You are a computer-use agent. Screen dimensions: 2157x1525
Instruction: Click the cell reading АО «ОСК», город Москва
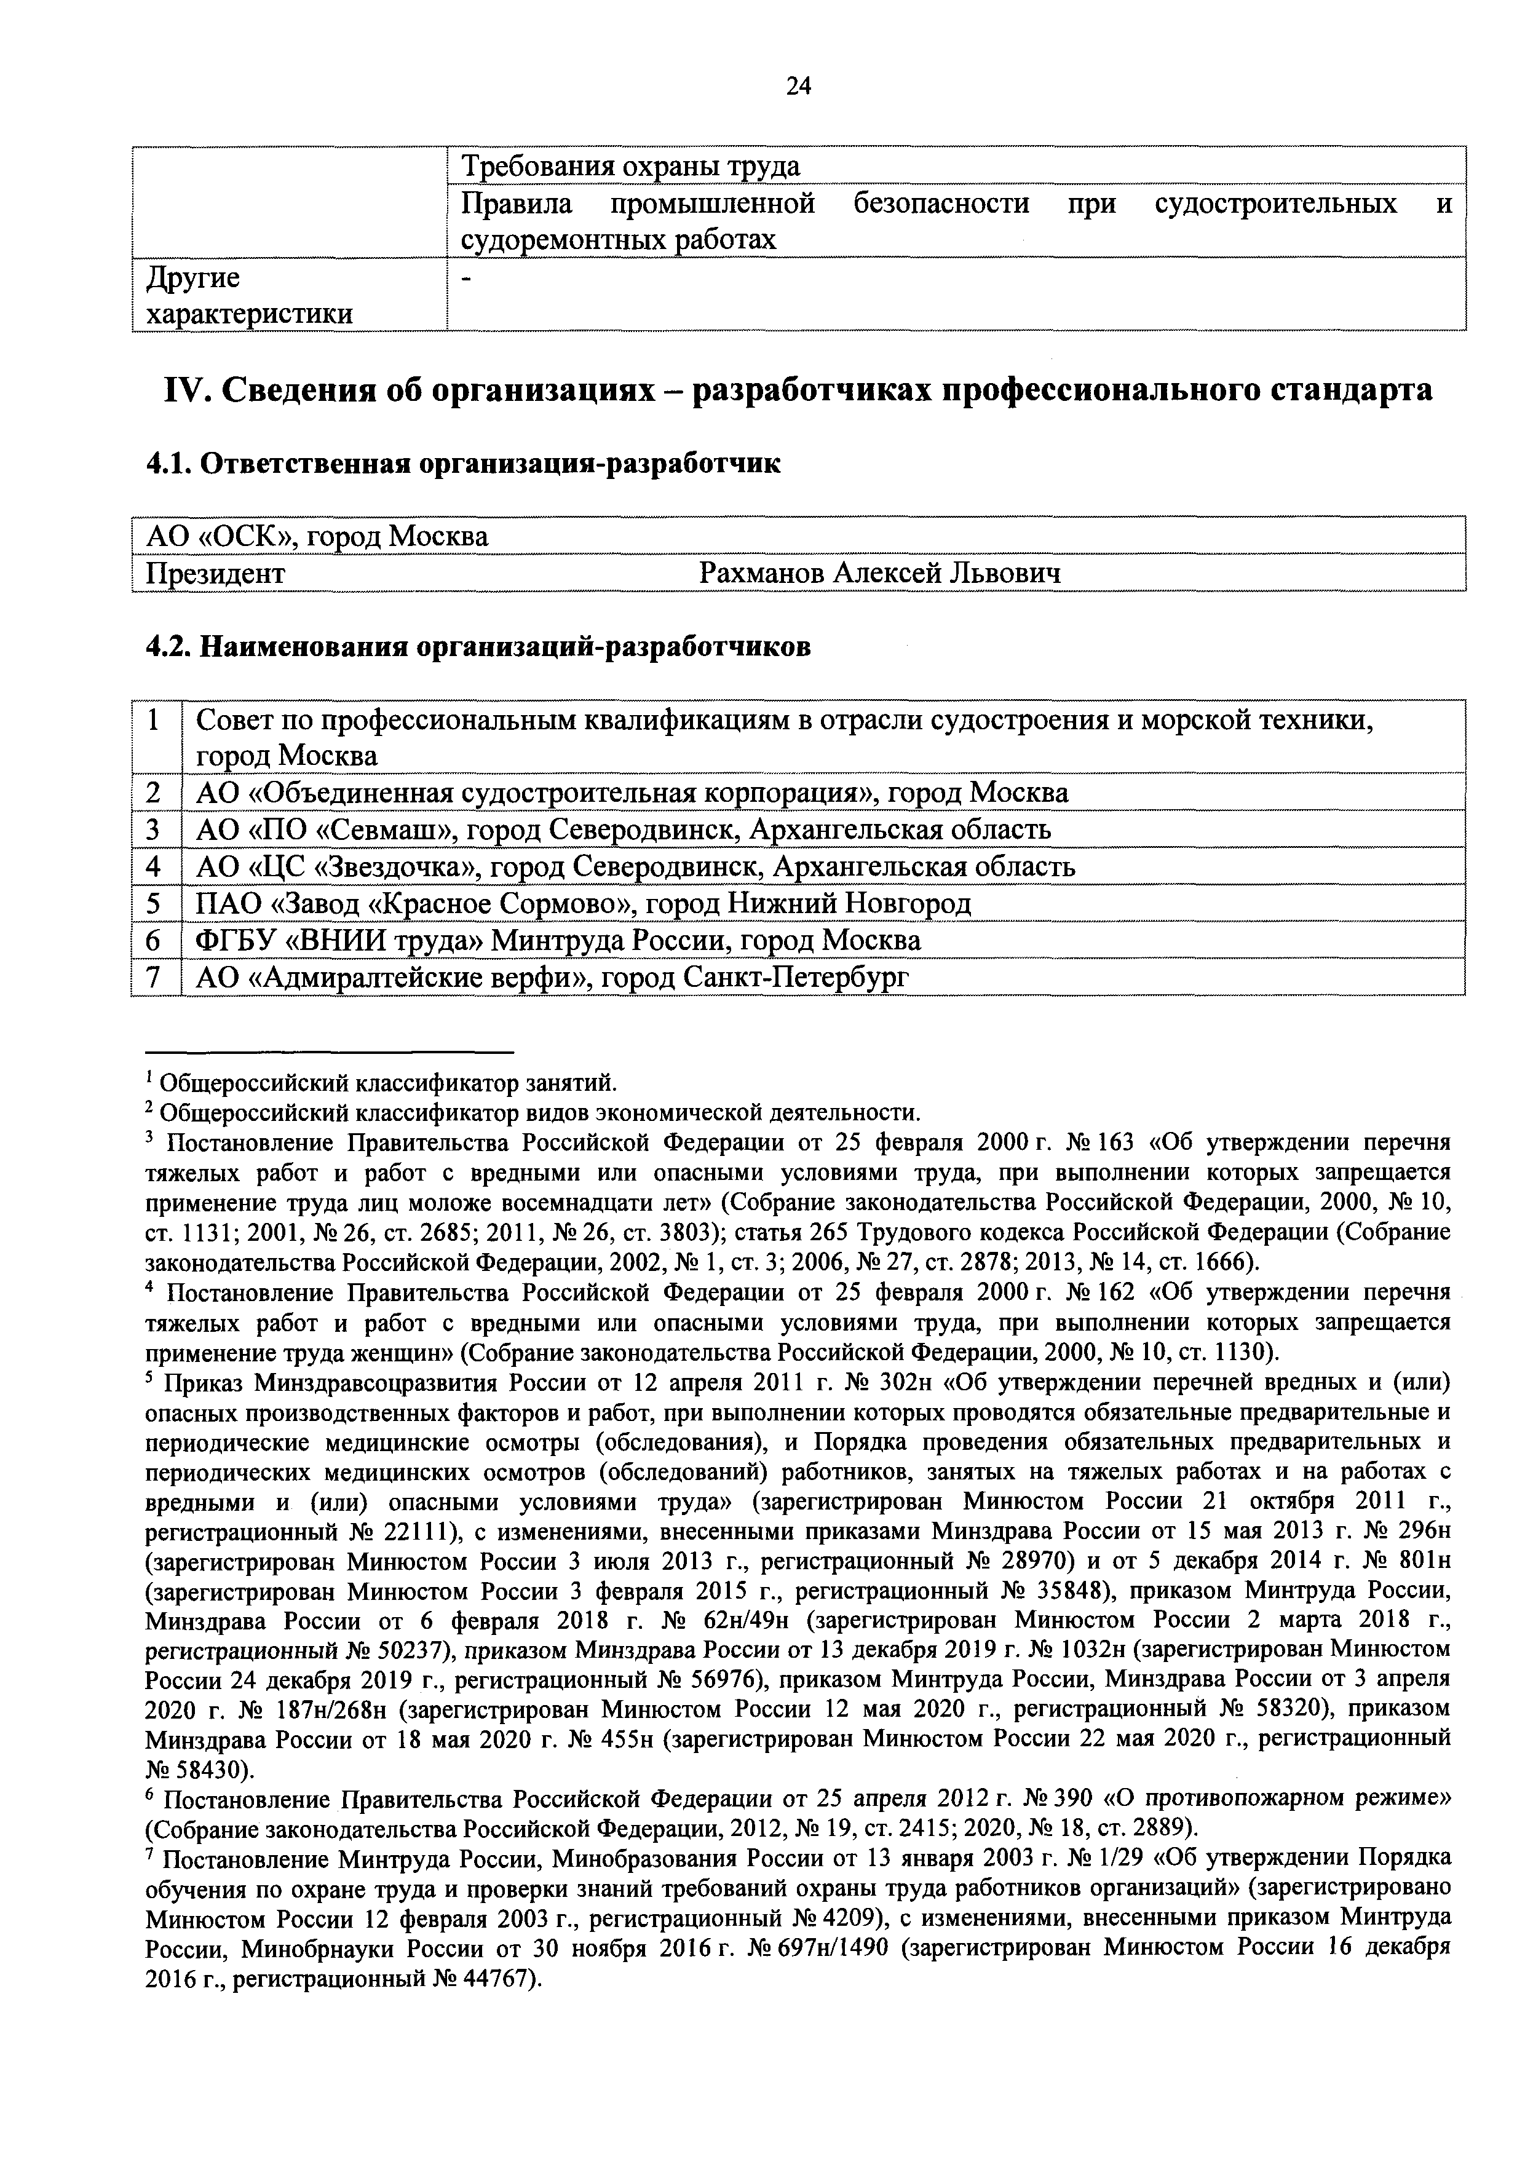point(317,536)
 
